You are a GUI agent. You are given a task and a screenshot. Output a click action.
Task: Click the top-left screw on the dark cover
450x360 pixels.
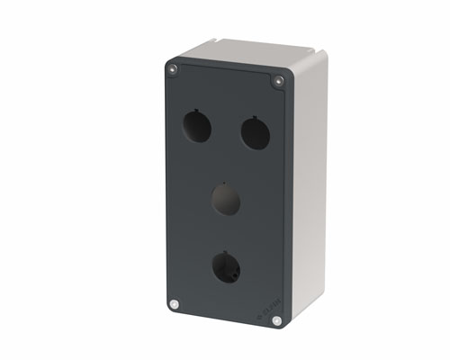point(172,67)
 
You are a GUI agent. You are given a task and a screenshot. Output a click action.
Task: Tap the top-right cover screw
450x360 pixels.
point(277,82)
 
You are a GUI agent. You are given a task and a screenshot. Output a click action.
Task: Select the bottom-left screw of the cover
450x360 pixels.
point(175,304)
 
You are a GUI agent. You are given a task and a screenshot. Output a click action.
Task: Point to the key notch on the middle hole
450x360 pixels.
point(226,184)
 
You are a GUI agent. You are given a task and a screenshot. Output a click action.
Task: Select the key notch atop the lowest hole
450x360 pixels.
point(225,252)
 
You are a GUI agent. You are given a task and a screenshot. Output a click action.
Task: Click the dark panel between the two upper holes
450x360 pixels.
point(224,126)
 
